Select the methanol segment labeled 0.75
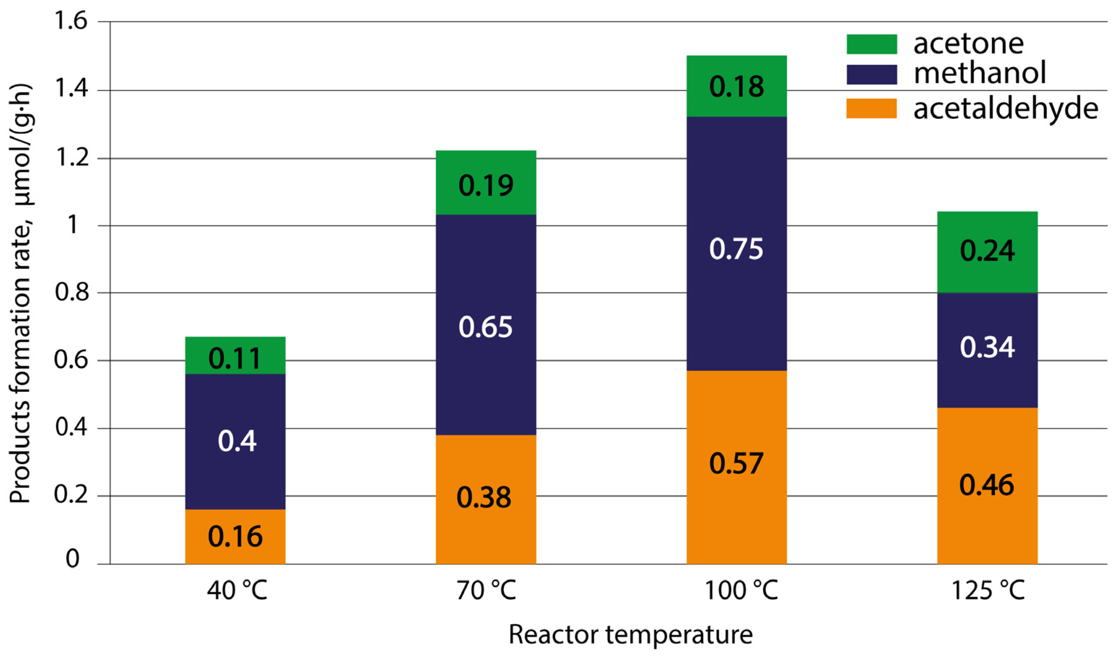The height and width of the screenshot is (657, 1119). pyautogui.click(x=736, y=243)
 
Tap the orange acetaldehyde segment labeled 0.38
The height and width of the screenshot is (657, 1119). pyautogui.click(x=485, y=500)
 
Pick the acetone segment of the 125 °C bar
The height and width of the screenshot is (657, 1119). pyautogui.click(x=987, y=252)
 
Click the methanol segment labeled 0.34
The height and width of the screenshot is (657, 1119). pyautogui.click(x=987, y=350)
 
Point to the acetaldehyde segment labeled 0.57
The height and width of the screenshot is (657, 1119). pyautogui.click(x=736, y=467)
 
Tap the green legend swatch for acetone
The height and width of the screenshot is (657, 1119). pyautogui.click(x=871, y=44)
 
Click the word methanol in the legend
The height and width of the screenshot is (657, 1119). pyautogui.click(x=979, y=74)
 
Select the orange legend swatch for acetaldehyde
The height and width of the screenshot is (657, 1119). pyautogui.click(x=871, y=108)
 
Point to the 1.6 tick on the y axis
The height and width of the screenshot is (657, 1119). pyautogui.click(x=71, y=21)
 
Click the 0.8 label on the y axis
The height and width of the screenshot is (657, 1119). pyautogui.click(x=71, y=293)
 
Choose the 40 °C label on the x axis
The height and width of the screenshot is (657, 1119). pyautogui.click(x=237, y=591)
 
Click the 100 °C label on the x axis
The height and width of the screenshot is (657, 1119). pyautogui.click(x=741, y=591)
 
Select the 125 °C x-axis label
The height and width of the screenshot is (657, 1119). pyautogui.click(x=988, y=591)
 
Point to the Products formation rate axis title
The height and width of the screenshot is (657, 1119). pyautogui.click(x=21, y=293)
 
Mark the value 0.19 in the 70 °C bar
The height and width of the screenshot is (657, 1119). pyautogui.click(x=485, y=186)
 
